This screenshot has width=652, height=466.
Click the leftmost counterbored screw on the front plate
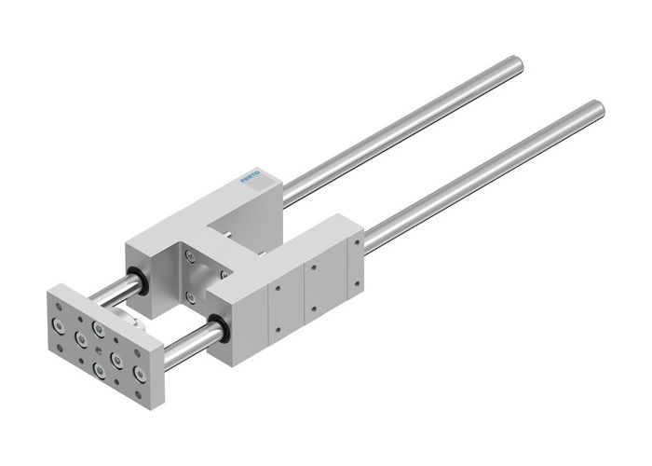point(59,325)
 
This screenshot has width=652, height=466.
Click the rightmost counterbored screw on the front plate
point(140,374)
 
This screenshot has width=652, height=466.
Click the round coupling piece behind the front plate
point(136,321)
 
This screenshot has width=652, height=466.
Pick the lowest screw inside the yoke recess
point(191,297)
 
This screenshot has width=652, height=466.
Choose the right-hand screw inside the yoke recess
point(224,274)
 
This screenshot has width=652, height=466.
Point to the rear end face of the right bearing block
point(354,240)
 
